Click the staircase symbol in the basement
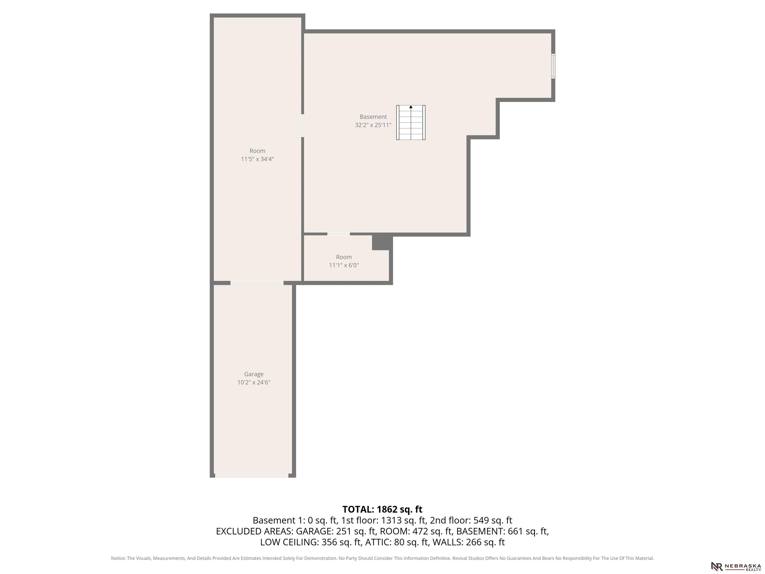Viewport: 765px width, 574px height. [411, 123]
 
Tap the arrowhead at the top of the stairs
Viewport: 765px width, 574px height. [411, 107]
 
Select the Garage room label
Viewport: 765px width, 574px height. [254, 374]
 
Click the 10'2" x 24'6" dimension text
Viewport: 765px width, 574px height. [254, 382]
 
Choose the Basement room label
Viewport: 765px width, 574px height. [373, 117]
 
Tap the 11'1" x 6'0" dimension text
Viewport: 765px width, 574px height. [344, 265]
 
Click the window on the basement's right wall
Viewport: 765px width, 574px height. [553, 66]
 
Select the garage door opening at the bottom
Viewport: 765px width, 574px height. [252, 476]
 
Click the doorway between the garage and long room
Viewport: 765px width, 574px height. [257, 283]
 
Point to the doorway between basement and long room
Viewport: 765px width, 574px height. [303, 126]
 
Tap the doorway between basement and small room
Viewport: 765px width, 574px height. [339, 234]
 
